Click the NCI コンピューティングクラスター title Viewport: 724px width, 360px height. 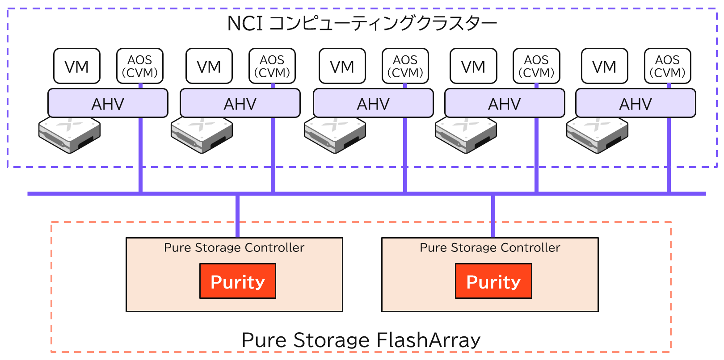pyautogui.click(x=362, y=23)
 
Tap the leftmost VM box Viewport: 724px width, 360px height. pyautogui.click(x=77, y=66)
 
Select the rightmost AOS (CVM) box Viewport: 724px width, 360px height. pyautogui.click(x=667, y=66)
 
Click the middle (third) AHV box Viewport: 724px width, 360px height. pyautogui.click(x=373, y=103)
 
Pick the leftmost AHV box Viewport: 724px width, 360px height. pyautogui.click(x=108, y=103)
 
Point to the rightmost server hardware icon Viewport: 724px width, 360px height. pyautogui.click(x=597, y=135)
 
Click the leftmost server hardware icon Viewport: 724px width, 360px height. pyautogui.click(x=69, y=135)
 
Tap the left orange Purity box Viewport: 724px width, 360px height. pyautogui.click(x=238, y=281)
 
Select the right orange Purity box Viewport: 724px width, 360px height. pyautogui.click(x=493, y=281)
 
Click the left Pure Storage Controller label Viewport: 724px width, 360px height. pyautogui.click(x=234, y=247)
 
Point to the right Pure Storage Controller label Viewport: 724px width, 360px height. pyautogui.click(x=490, y=247)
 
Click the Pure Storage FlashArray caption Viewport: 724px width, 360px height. pyautogui.click(x=361, y=340)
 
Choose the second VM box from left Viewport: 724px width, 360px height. pyautogui.click(x=209, y=66)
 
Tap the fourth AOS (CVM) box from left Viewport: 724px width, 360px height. pyautogui.click(x=536, y=66)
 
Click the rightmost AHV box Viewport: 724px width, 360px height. pyautogui.click(x=636, y=103)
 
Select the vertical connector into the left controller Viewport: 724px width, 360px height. pyautogui.click(x=238, y=216)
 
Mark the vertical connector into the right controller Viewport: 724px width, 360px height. pyautogui.click(x=493, y=216)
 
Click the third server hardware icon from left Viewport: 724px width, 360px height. pyautogui.click(x=335, y=135)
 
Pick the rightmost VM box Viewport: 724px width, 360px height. pyautogui.click(x=605, y=66)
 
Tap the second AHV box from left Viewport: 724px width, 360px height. pyautogui.click(x=240, y=103)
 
